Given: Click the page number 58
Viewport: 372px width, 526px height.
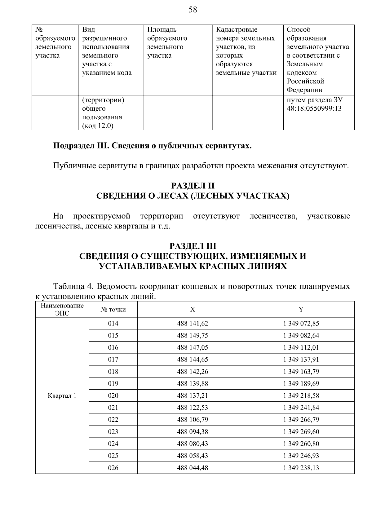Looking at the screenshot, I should (193, 10).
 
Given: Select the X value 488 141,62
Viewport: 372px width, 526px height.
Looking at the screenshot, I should (193, 324).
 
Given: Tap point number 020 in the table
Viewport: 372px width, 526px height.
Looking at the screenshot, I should (113, 396).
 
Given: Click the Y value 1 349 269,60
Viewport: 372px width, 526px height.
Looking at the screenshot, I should (301, 432).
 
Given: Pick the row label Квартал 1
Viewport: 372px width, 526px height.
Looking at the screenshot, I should (62, 396).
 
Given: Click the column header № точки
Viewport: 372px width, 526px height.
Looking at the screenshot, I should (113, 310).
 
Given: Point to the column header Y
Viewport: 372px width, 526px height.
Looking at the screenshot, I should (301, 310).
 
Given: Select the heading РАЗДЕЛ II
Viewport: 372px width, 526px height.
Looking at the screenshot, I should (193, 186).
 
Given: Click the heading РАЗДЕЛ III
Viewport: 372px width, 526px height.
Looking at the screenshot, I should (193, 246).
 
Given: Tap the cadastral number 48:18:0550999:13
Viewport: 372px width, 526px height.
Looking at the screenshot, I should (314, 109).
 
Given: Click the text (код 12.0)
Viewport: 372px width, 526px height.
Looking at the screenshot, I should (98, 126).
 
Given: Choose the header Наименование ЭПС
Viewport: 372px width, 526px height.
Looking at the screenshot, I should (62, 310).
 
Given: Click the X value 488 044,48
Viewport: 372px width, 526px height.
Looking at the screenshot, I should (193, 468).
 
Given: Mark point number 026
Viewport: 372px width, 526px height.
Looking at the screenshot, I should (113, 468).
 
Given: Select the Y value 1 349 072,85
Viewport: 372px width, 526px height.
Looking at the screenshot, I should (301, 324).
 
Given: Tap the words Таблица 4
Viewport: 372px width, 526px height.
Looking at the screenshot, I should (71, 286).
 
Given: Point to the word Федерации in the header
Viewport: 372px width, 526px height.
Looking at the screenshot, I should (304, 90).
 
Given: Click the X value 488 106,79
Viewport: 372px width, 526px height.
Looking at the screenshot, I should (193, 420).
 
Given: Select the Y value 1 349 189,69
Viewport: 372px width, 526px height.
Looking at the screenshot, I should (301, 384).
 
